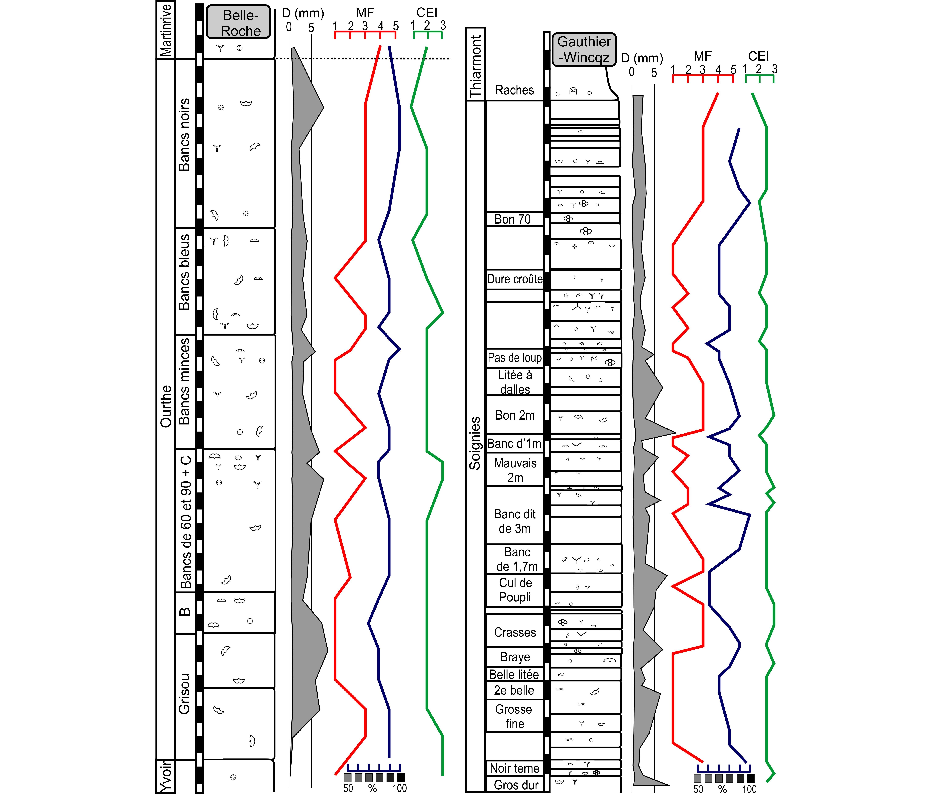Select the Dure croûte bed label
coord(515,279)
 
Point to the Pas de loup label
coord(515,358)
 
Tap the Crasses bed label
coord(515,632)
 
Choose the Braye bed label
coord(515,657)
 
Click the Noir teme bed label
coord(514,768)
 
